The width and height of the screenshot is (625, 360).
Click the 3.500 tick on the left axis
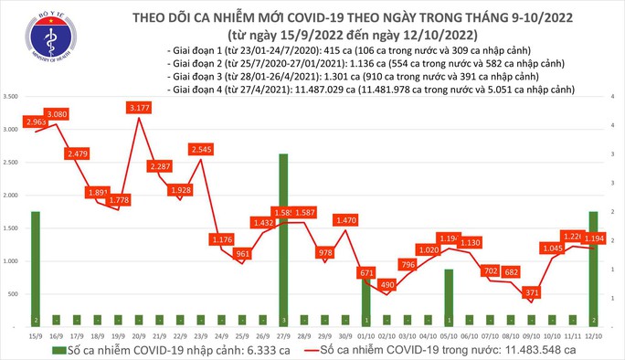[12, 96]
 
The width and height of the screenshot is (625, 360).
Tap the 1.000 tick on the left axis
[12, 261]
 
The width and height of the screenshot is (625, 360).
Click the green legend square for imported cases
[58, 350]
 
